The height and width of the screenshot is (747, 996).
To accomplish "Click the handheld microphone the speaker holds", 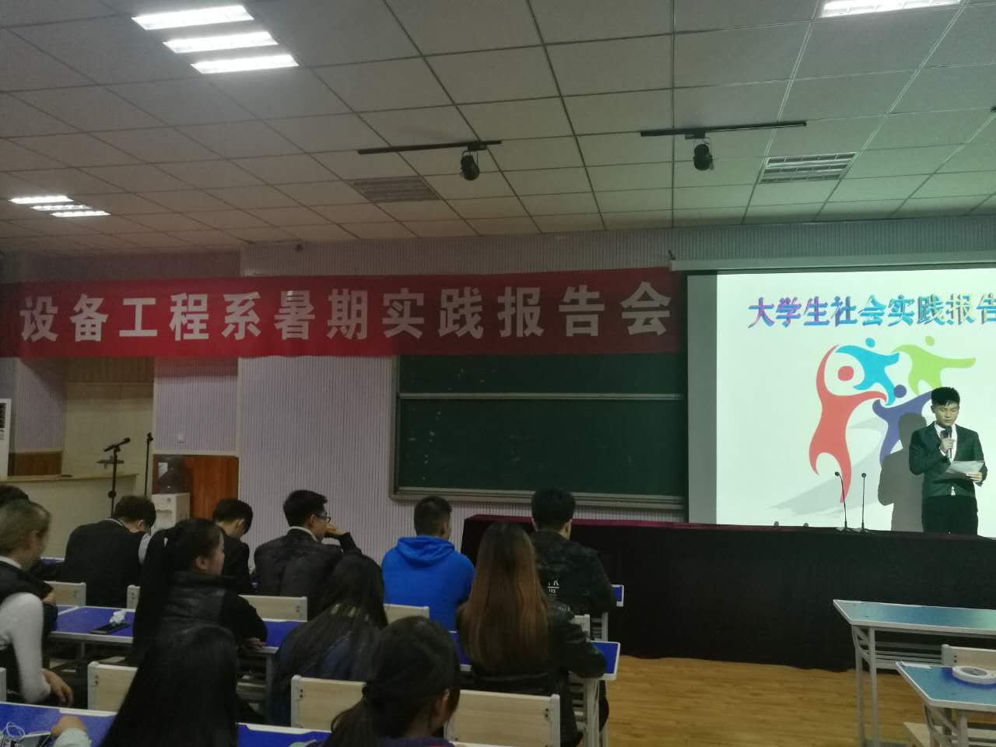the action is click(948, 441).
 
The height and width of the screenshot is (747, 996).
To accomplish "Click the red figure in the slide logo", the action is click(835, 421).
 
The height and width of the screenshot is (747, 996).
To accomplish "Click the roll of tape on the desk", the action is click(973, 675).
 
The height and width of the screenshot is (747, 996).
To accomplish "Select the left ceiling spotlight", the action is click(470, 165).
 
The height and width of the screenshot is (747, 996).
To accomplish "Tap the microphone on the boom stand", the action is click(117, 444).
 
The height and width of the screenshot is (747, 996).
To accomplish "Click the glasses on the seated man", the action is click(323, 517).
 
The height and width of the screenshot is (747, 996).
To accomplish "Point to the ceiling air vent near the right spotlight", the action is click(807, 167).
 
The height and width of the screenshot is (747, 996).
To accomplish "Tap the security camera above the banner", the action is click(299, 247).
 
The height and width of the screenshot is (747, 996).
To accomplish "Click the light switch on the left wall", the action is click(181, 439).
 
